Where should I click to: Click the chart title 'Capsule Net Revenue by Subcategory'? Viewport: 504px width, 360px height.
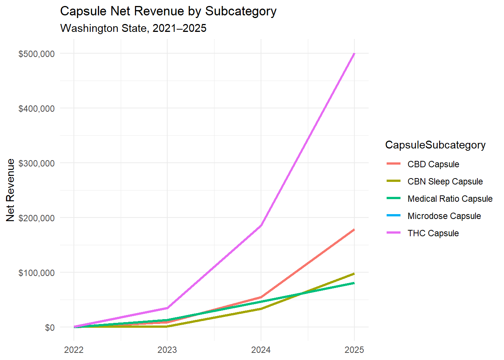pyautogui.click(x=168, y=11)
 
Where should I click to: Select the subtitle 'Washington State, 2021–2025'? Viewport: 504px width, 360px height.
pyautogui.click(x=133, y=28)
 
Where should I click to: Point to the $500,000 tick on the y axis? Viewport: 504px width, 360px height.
pyautogui.click(x=36, y=54)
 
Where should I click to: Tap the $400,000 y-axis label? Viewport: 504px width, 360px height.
pyautogui.click(x=36, y=109)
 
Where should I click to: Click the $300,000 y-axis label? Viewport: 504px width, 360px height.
pyautogui.click(x=36, y=163)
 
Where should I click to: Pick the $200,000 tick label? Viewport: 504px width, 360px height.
pyautogui.click(x=36, y=218)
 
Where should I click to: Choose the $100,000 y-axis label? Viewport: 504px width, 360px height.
pyautogui.click(x=36, y=273)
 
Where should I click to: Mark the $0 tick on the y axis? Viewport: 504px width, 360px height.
pyautogui.click(x=49, y=328)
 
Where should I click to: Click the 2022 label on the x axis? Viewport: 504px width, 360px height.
pyautogui.click(x=74, y=350)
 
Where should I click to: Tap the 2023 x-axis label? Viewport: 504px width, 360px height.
pyautogui.click(x=167, y=350)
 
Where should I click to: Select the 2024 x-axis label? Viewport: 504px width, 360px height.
pyautogui.click(x=261, y=350)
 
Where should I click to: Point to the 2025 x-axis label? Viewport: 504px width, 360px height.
pyautogui.click(x=354, y=350)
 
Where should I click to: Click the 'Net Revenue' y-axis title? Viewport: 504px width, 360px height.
pyautogui.click(x=10, y=190)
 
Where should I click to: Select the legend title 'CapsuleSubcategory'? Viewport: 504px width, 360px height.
pyautogui.click(x=435, y=145)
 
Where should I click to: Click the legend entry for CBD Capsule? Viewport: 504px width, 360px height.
pyautogui.click(x=433, y=164)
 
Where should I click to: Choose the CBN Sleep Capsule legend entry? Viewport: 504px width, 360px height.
pyautogui.click(x=445, y=181)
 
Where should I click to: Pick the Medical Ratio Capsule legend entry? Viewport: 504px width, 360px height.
pyautogui.click(x=450, y=199)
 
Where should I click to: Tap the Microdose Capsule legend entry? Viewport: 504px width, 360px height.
pyautogui.click(x=444, y=216)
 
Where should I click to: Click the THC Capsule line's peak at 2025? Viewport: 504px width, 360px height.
pyautogui.click(x=354, y=54)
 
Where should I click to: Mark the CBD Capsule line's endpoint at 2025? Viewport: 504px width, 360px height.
pyautogui.click(x=354, y=229)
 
